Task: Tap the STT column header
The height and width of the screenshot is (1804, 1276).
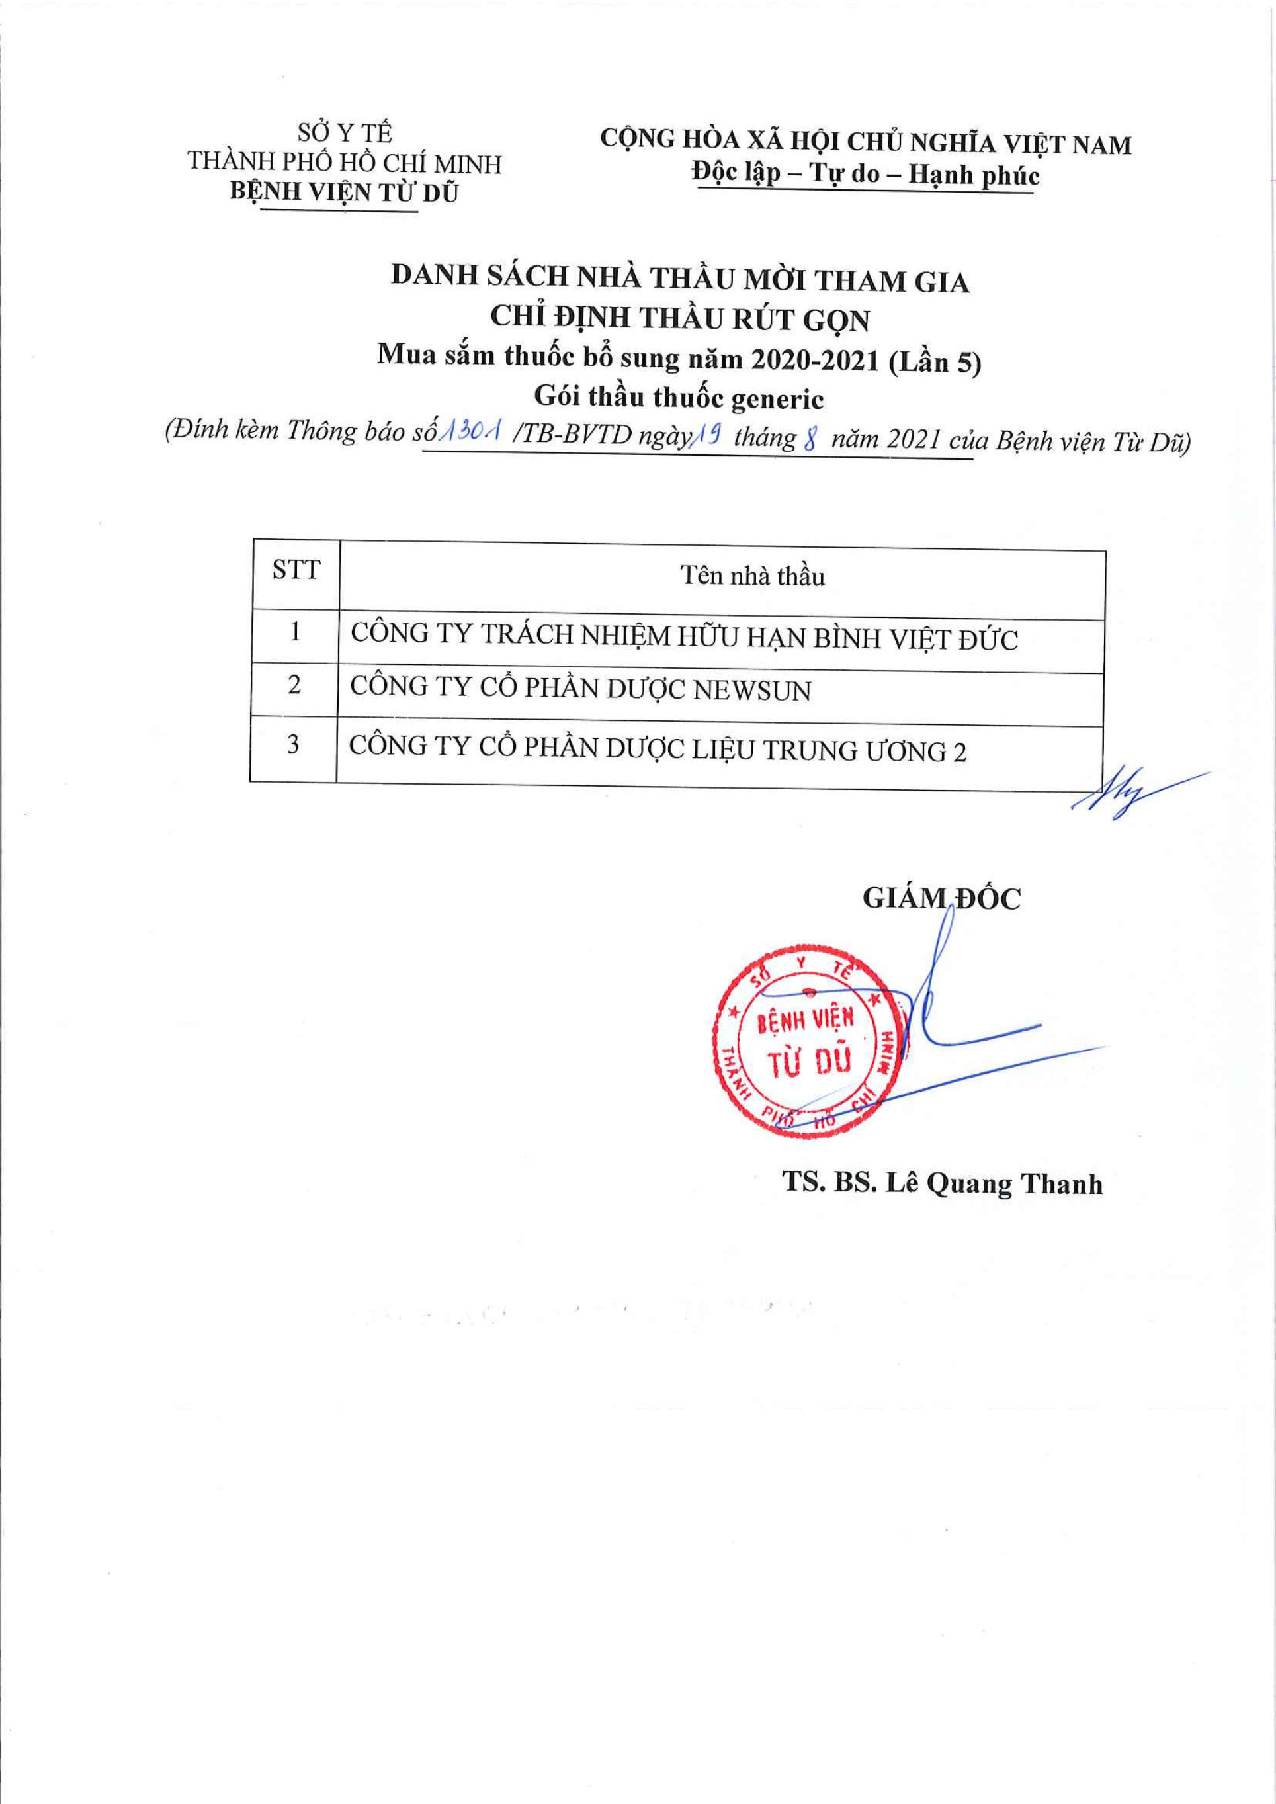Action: (x=296, y=569)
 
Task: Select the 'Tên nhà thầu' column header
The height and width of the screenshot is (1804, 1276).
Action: (x=752, y=576)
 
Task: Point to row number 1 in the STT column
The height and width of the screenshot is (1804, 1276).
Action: (x=296, y=631)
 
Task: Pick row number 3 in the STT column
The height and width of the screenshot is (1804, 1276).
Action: (x=293, y=744)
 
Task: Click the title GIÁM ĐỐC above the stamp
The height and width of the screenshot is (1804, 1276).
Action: (x=941, y=898)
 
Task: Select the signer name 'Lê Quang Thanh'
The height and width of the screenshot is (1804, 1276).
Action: (x=994, y=1184)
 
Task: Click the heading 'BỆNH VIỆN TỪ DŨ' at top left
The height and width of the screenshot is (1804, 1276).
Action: (x=344, y=193)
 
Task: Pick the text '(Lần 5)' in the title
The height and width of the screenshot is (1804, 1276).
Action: (x=935, y=363)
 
